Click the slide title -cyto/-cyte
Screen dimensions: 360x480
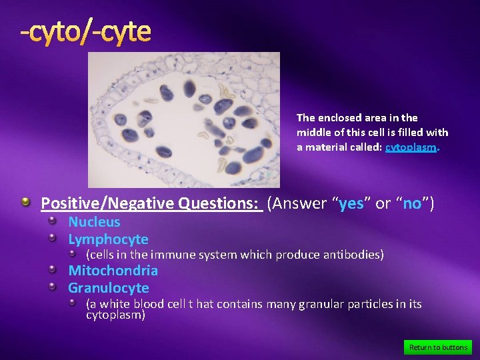pyautogui.click(x=85, y=31)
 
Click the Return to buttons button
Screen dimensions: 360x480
pyautogui.click(x=437, y=347)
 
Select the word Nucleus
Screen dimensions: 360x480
pyautogui.click(x=94, y=222)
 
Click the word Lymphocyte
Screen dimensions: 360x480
pyautogui.click(x=108, y=239)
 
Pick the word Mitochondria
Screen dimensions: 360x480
pyautogui.click(x=113, y=271)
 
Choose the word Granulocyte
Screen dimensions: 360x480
pyautogui.click(x=108, y=288)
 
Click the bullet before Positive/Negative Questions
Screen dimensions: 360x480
pyautogui.click(x=25, y=202)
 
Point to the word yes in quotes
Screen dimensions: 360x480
pyautogui.click(x=351, y=203)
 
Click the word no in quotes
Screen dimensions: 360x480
pyautogui.click(x=411, y=203)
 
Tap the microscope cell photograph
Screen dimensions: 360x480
pyautogui.click(x=184, y=120)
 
